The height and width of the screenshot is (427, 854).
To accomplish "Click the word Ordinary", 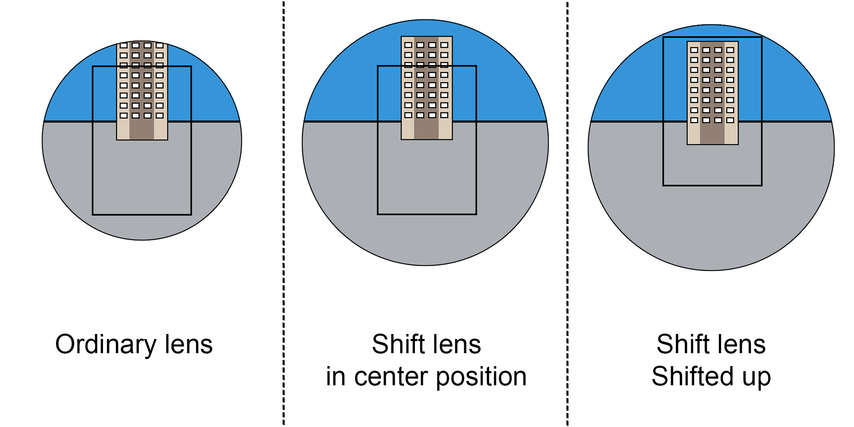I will coord(105,345).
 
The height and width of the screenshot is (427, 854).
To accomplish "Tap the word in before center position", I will coord(335,376).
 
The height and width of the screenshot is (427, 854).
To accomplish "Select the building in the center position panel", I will coord(427,88).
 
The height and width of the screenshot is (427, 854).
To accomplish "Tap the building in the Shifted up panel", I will coord(713,93).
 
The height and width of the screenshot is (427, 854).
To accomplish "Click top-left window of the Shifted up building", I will coord(694,50).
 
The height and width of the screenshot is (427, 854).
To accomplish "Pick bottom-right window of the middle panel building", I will coord(444,115).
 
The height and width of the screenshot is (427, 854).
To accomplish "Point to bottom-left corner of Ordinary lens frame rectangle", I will coord(93,214).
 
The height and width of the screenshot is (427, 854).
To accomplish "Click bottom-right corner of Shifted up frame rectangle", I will coord(762,185).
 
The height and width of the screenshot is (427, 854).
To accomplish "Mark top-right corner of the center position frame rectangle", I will coord(476,66).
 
